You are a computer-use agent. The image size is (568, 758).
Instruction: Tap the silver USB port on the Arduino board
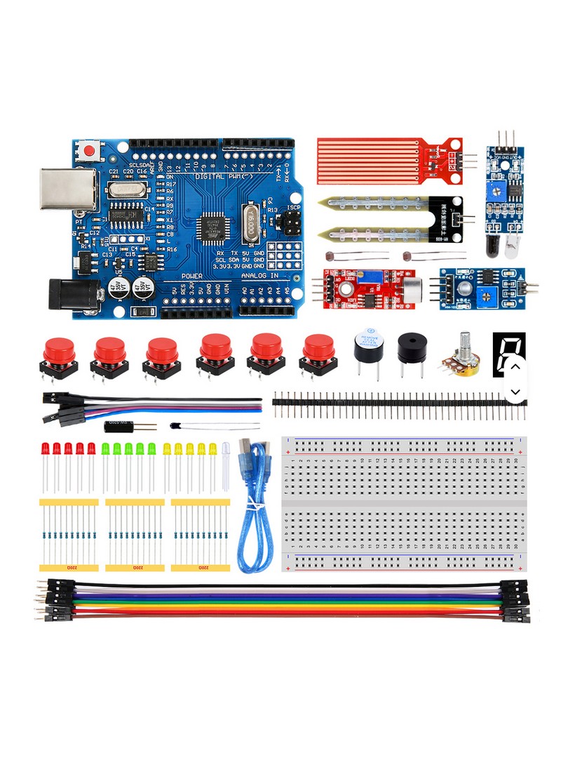[67, 188]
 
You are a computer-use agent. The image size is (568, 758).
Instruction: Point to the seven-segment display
[506, 352]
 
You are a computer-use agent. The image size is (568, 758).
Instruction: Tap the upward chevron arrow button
[515, 366]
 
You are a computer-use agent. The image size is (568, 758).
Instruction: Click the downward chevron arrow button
[515, 392]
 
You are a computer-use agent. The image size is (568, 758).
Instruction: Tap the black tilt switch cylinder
[119, 426]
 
